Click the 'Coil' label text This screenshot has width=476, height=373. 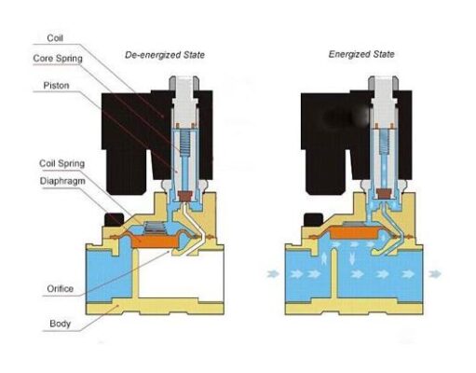pos(55,38)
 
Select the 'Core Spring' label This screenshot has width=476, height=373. pos(58,59)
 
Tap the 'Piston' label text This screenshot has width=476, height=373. pos(56,86)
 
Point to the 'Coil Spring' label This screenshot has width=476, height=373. pos(61,163)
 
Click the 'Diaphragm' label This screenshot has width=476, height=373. pos(62,181)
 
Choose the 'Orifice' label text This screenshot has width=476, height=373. pos(61,289)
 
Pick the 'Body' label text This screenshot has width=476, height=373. pos(61,324)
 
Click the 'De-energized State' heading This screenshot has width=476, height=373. pos(165,55)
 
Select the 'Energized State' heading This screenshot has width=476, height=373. pos(361,54)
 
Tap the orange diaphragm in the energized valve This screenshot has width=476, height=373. pos(353,233)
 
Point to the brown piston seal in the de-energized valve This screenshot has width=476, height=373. pos(185,196)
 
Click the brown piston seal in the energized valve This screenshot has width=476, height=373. pos(384,194)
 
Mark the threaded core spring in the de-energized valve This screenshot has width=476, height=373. pos(185,142)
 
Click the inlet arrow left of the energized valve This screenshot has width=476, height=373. pos(273,274)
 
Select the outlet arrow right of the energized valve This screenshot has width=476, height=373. pos(435,274)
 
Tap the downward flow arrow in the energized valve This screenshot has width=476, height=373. pos(352,258)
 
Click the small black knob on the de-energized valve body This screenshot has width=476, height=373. pos(114,219)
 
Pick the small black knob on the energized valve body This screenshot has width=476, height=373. pos(313,219)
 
